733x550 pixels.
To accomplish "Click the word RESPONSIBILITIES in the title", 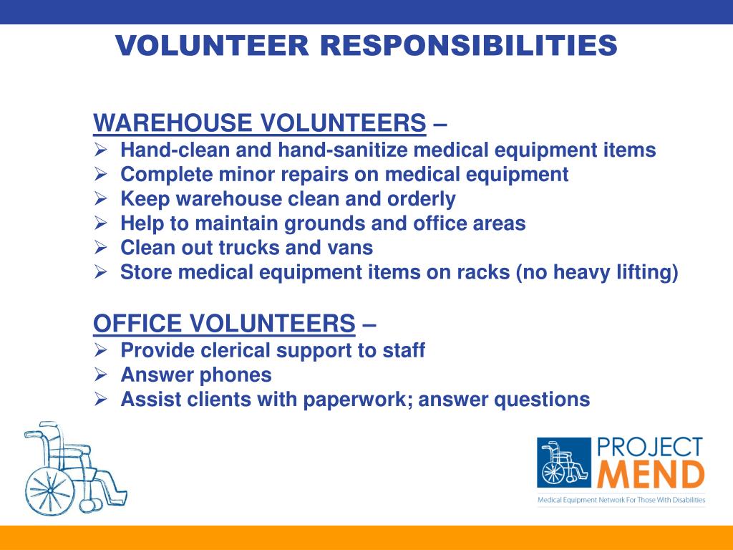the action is (x=468, y=45).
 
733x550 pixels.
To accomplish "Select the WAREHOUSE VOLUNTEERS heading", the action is (x=259, y=123).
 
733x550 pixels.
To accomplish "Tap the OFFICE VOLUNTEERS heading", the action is (x=224, y=324).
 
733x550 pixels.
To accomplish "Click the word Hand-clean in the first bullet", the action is (x=175, y=150).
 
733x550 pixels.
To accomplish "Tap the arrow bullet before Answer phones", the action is (x=100, y=375).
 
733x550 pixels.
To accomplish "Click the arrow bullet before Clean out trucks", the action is (x=100, y=247).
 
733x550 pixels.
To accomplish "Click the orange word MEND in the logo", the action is (x=651, y=474).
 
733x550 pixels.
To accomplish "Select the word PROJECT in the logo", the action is (x=650, y=448).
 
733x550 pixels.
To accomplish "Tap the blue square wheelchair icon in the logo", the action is (x=564, y=463).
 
